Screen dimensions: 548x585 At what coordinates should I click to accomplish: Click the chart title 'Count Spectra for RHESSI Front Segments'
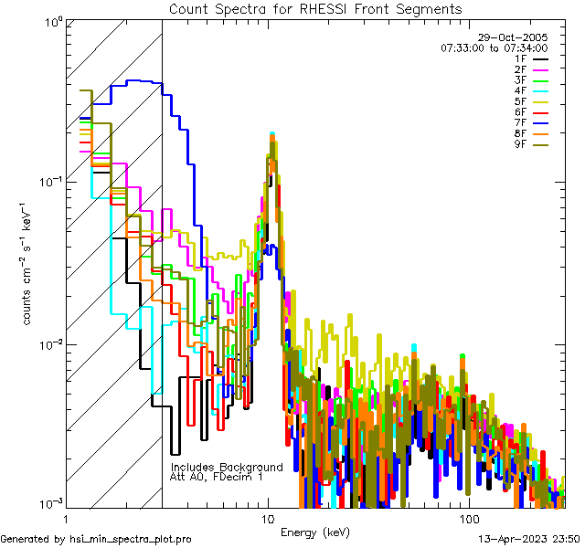[x=315, y=8]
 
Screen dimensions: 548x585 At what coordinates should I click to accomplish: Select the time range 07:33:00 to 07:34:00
[x=494, y=47]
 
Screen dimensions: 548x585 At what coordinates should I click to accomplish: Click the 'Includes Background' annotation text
[x=227, y=467]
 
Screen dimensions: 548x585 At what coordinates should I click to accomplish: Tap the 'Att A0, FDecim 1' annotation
[x=217, y=477]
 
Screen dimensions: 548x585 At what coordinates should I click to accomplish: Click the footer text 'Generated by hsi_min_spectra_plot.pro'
[x=96, y=539]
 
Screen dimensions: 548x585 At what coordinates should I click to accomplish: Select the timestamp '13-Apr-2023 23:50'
[x=529, y=539]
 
